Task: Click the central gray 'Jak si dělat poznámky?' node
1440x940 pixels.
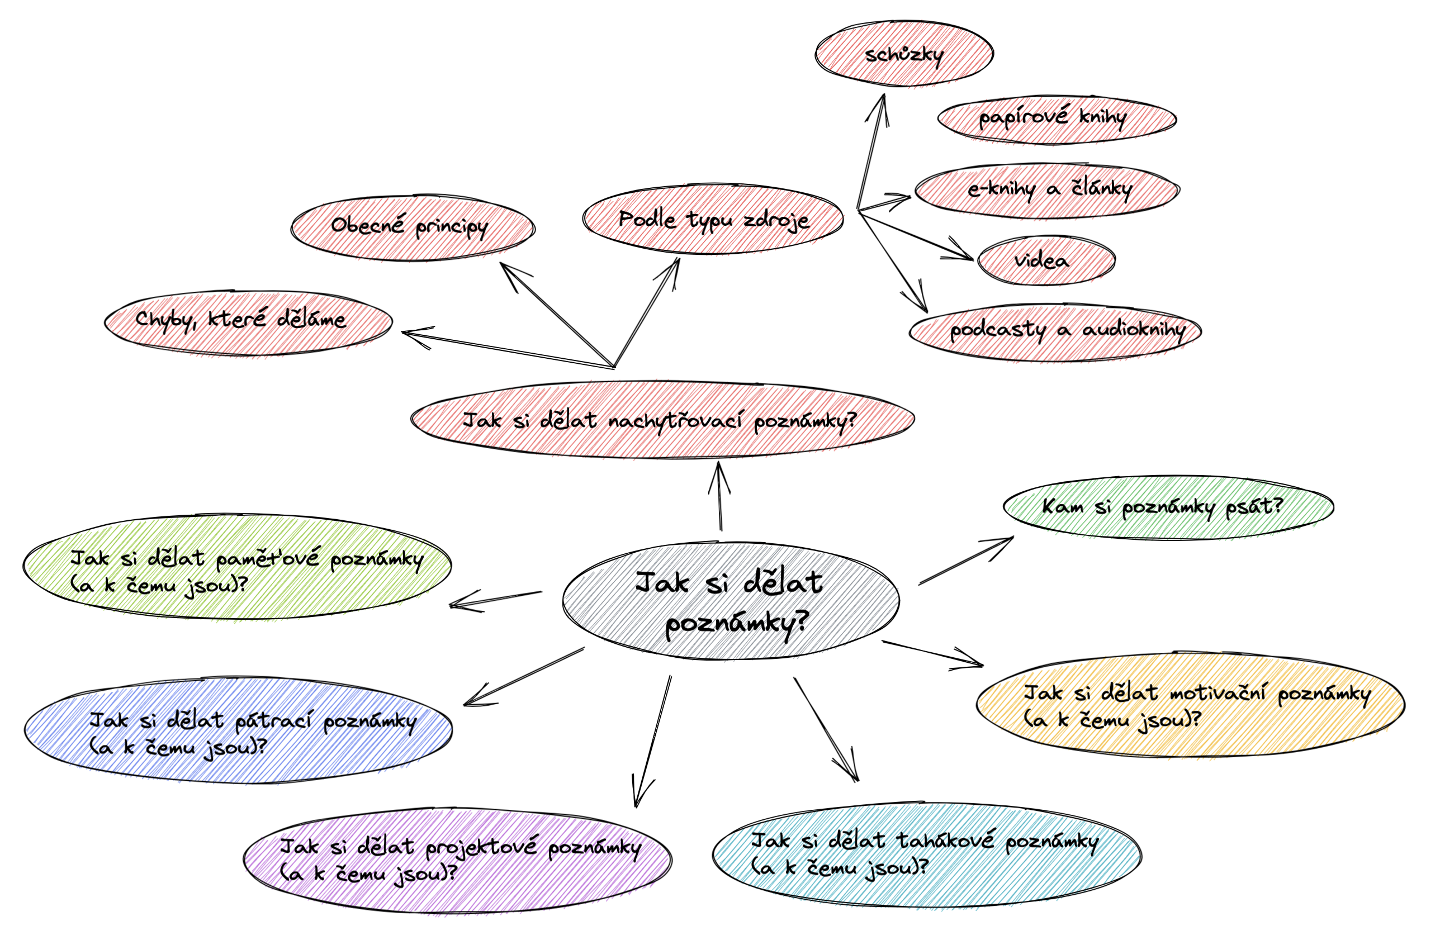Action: point(730,601)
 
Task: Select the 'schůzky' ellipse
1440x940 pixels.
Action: point(903,54)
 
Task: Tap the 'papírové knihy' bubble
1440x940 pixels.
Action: point(1057,118)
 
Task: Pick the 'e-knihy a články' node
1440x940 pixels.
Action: point(1046,190)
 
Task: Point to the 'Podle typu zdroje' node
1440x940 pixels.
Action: point(713,220)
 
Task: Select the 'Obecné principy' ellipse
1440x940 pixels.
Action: point(411,227)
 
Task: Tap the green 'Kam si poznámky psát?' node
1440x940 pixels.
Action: point(1168,507)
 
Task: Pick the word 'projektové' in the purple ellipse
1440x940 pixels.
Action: point(480,847)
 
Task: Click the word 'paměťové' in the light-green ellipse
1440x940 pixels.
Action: point(267,559)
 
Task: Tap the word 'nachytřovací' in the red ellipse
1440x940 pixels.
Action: point(674,420)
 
